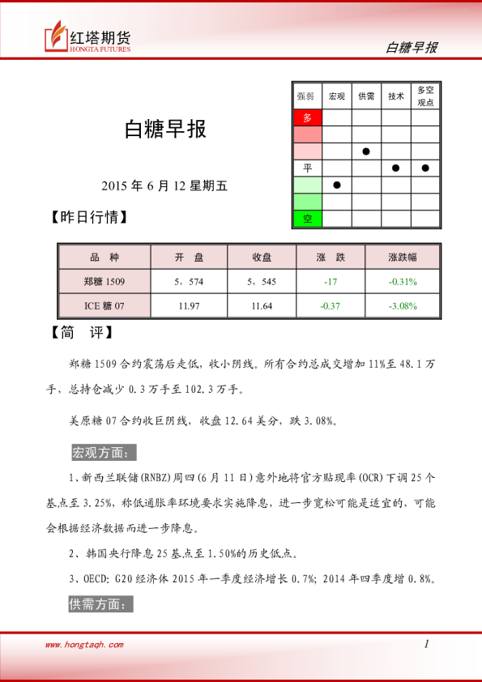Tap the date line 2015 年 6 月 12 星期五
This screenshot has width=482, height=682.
[165, 185]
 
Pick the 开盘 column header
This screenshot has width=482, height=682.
[189, 258]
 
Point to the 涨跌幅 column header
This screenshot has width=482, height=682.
[402, 258]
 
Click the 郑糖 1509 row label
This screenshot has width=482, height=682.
[105, 281]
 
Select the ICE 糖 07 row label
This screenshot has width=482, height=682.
[105, 305]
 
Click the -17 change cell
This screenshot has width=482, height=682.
[331, 281]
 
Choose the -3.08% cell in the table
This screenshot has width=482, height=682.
[402, 305]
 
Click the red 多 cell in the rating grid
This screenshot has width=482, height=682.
[307, 117]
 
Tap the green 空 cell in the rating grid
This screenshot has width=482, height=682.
[307, 219]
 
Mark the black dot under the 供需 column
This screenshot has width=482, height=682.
[366, 151]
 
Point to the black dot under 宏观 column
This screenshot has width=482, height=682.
[337, 185]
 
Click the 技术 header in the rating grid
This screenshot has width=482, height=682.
[395, 96]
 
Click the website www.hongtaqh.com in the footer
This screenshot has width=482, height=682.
[84, 645]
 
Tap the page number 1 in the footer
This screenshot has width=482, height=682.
[425, 645]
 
